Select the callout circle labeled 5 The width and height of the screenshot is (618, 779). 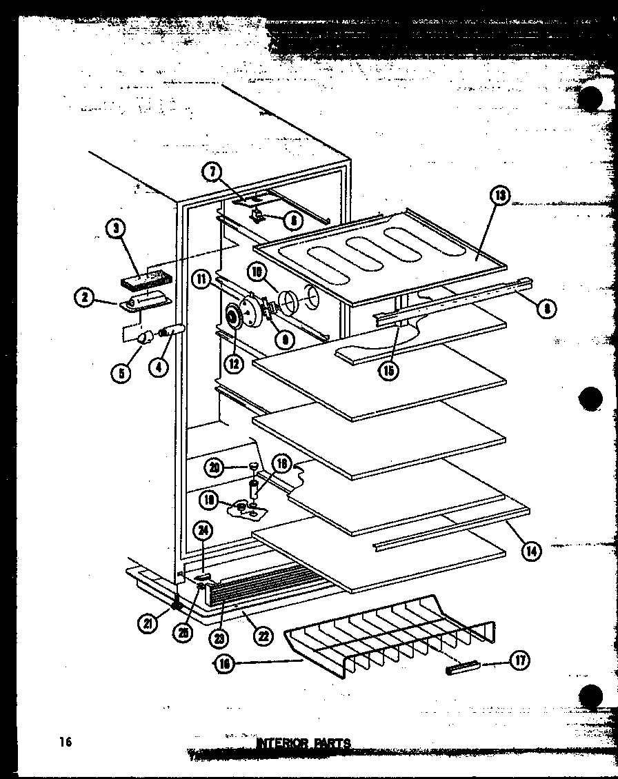click(122, 374)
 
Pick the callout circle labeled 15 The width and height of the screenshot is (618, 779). click(389, 371)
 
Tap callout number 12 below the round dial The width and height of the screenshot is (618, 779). click(235, 363)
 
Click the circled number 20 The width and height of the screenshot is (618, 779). click(215, 467)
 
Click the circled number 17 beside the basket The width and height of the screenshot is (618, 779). click(519, 660)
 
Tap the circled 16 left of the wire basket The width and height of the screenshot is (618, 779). click(226, 664)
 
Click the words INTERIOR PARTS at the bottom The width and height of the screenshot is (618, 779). click(303, 743)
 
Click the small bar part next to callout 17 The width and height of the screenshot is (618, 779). click(461, 667)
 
